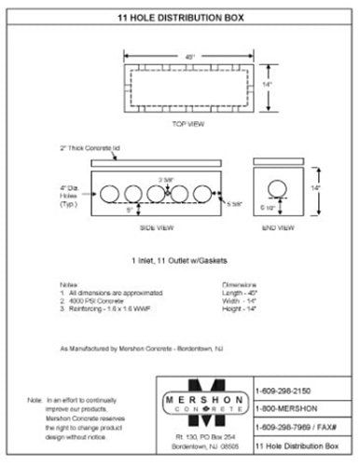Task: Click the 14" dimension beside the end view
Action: (x=316, y=188)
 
